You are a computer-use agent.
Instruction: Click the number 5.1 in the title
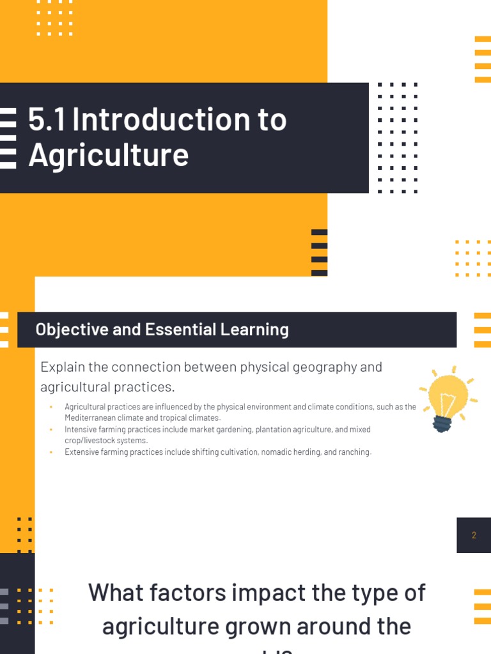[x=46, y=119]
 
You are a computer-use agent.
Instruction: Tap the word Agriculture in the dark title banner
[x=109, y=155]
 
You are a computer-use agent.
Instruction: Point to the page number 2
[x=474, y=535]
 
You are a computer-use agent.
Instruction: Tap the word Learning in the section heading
[x=258, y=330]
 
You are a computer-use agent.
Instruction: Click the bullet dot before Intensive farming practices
[x=51, y=430]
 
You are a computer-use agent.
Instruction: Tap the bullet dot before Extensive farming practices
[x=51, y=452]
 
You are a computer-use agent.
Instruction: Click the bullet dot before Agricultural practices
[x=51, y=407]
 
